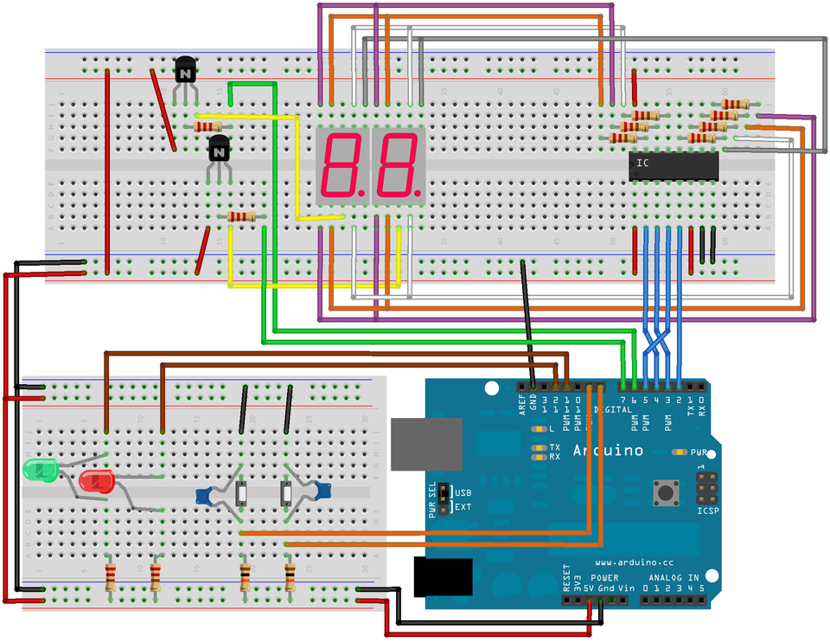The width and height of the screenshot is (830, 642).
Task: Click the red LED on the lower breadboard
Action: coord(95,480)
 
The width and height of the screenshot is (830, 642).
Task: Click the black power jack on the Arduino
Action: coord(444,577)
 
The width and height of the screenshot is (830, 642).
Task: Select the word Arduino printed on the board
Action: coord(608,451)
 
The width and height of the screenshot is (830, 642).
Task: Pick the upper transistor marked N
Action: coord(185,71)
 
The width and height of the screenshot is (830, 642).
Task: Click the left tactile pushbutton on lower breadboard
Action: coord(243,495)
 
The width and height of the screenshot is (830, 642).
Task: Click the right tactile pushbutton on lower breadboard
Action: coord(286,494)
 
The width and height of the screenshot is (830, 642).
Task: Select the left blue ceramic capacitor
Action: coord(206,497)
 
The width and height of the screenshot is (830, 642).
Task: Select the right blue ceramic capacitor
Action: coord(322,491)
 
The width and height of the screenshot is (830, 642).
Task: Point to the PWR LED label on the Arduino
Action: coord(699,453)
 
